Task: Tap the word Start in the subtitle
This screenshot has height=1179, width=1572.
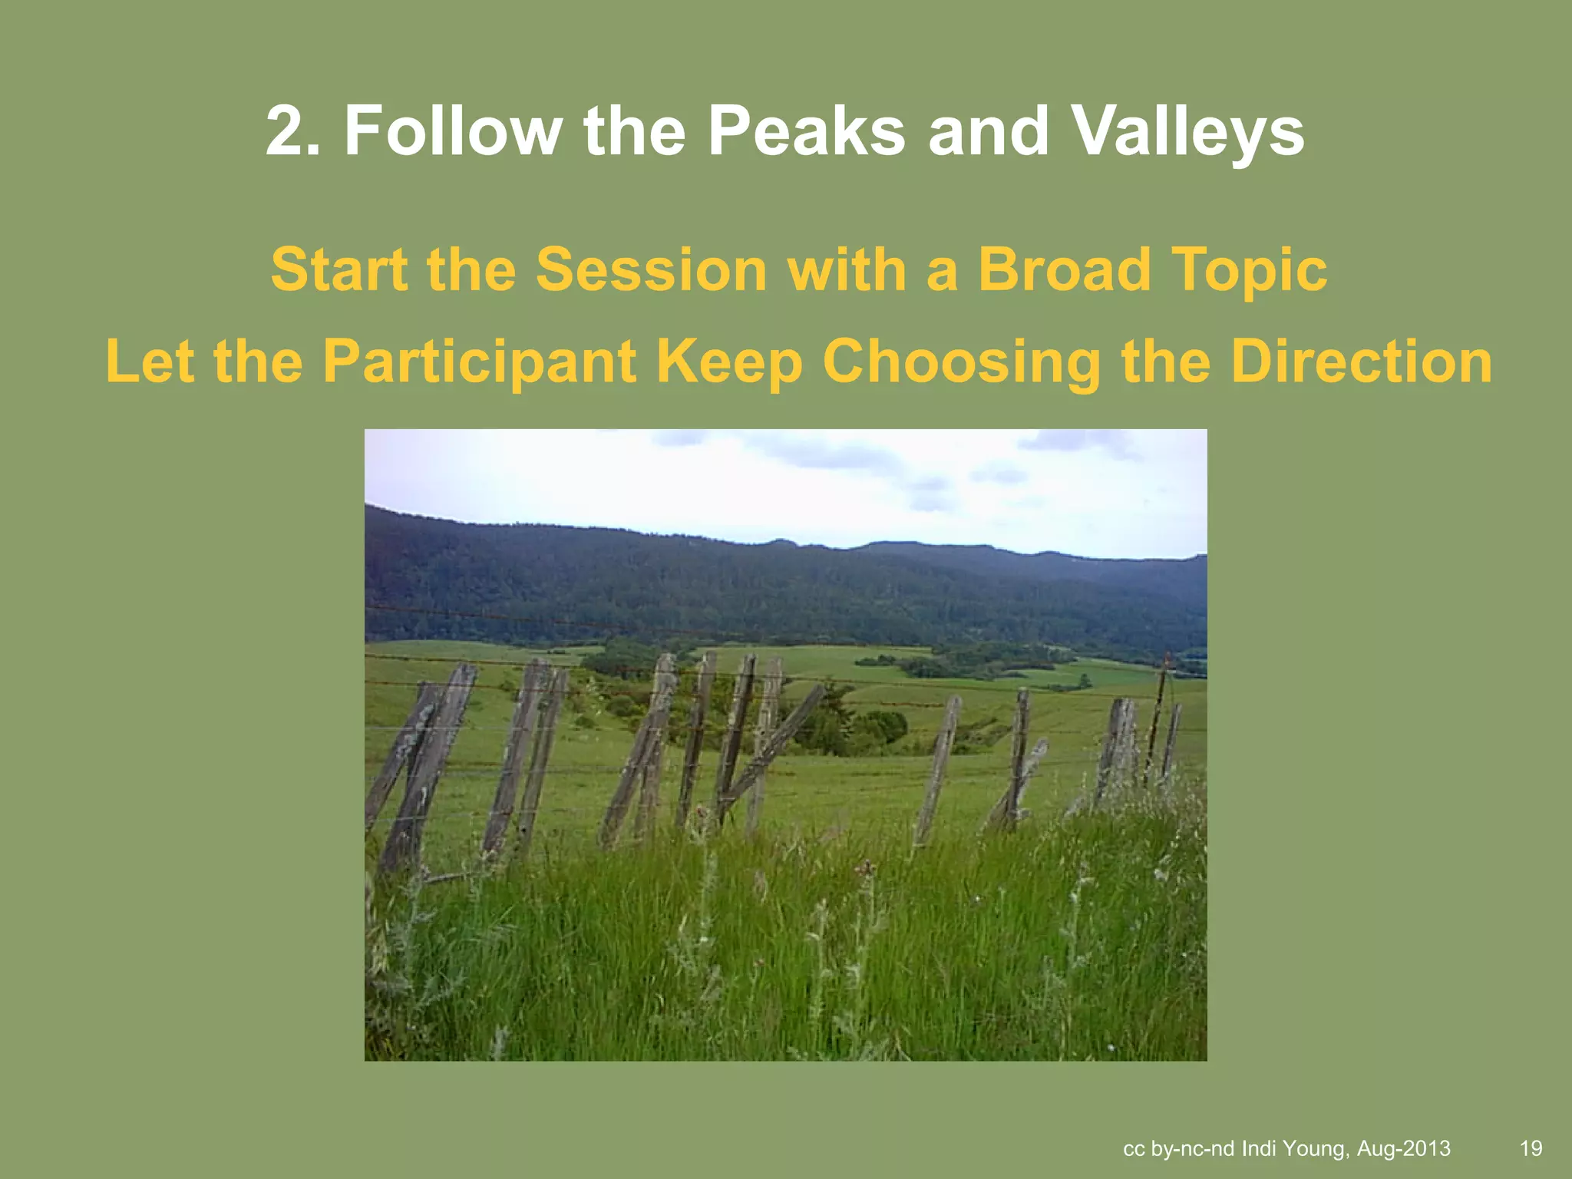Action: [339, 269]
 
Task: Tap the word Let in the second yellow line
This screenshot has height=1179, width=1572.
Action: [149, 362]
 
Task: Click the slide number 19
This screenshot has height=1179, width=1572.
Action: [1531, 1148]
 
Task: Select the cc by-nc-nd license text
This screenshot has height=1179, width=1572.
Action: [1178, 1148]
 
